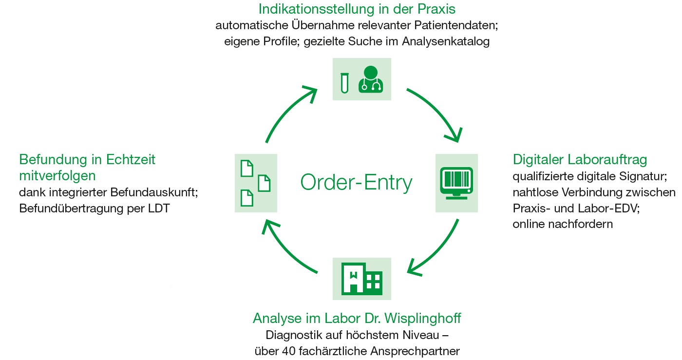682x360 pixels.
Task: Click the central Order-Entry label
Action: click(x=356, y=183)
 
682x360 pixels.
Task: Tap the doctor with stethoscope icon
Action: click(x=371, y=79)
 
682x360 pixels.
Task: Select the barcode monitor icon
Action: click(x=456, y=182)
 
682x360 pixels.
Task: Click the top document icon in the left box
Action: click(x=247, y=168)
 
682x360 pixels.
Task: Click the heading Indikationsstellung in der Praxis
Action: click(x=357, y=9)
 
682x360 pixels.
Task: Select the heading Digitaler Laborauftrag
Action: click(x=580, y=160)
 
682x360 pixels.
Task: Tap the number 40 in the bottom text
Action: click(x=291, y=351)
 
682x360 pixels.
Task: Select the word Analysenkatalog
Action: click(x=446, y=41)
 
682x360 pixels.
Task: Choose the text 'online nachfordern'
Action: click(x=563, y=224)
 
